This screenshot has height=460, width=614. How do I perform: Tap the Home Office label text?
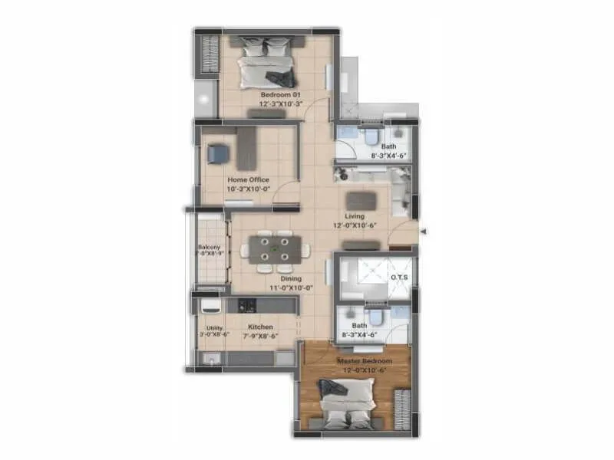click(x=248, y=179)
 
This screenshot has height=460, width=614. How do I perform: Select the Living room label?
click(x=355, y=216)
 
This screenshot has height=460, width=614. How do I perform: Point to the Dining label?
click(x=291, y=278)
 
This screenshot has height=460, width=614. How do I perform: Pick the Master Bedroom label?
click(x=365, y=360)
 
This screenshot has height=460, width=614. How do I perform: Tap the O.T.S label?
click(x=399, y=277)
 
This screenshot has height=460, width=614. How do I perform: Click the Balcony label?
click(x=210, y=247)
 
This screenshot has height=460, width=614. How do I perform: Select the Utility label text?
click(x=213, y=327)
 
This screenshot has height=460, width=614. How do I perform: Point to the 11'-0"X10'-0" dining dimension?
click(x=291, y=288)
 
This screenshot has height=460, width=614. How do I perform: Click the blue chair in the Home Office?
click(x=218, y=154)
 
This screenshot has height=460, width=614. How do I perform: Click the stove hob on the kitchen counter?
click(x=247, y=305)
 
